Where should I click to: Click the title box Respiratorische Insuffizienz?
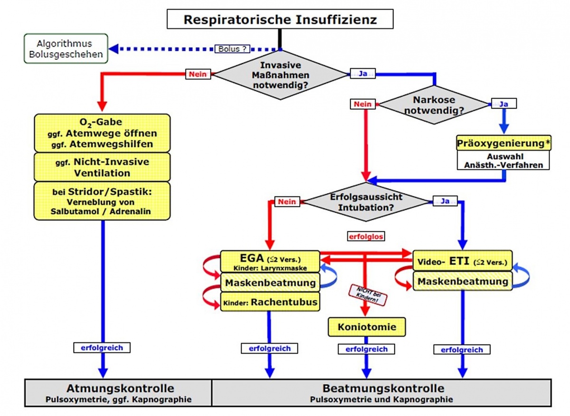(280, 20)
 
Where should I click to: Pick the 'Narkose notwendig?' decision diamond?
(434, 105)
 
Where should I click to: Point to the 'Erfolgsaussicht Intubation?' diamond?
(366, 202)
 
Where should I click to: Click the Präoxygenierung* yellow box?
(503, 142)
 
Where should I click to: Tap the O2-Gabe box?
(102, 132)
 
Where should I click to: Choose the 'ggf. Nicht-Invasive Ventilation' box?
(102, 167)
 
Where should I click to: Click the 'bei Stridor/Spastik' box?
(102, 201)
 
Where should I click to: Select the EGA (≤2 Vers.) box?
(270, 262)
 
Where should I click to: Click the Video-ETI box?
(462, 261)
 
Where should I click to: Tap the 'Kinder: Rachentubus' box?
(270, 302)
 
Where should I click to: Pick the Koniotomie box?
(366, 327)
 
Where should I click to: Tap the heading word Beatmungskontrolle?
(383, 388)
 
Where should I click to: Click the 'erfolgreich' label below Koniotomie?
(366, 349)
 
